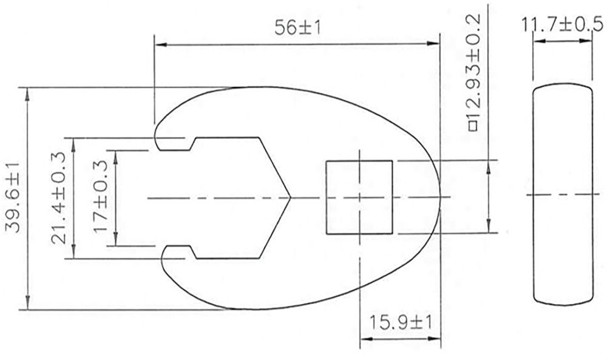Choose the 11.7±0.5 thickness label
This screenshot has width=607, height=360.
(x=561, y=26)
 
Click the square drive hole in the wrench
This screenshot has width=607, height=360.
(x=359, y=197)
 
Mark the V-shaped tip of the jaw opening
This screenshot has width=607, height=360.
(x=290, y=197)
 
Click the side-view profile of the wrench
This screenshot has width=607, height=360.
(x=563, y=194)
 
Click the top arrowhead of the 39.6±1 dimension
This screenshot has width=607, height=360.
(x=27, y=92)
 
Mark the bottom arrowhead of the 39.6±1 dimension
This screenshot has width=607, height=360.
(x=27, y=305)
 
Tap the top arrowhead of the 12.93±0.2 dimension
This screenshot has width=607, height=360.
(x=489, y=165)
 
